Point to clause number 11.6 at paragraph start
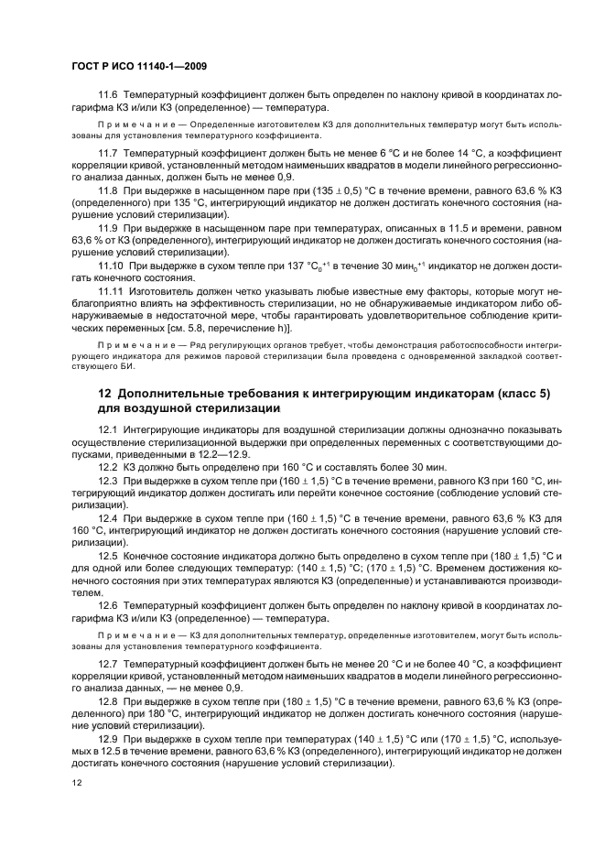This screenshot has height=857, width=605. click(108, 95)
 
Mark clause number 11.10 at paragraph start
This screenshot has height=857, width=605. click(111, 264)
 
